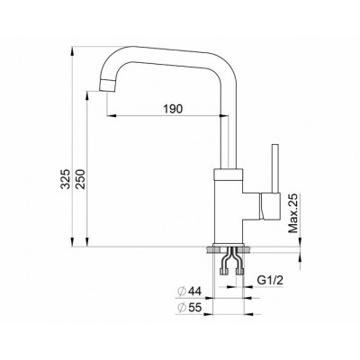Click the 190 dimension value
[174, 109]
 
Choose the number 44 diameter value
[193, 292]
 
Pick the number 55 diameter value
[193, 309]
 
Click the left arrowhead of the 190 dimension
[110, 117]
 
